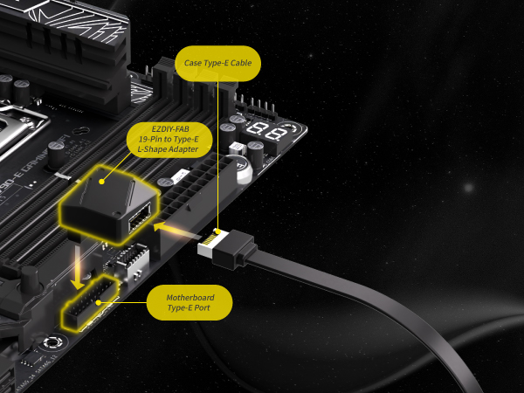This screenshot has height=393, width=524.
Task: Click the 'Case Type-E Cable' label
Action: (x=217, y=63)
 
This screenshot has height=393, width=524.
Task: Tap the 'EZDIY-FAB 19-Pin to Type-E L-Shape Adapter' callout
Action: (x=169, y=140)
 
